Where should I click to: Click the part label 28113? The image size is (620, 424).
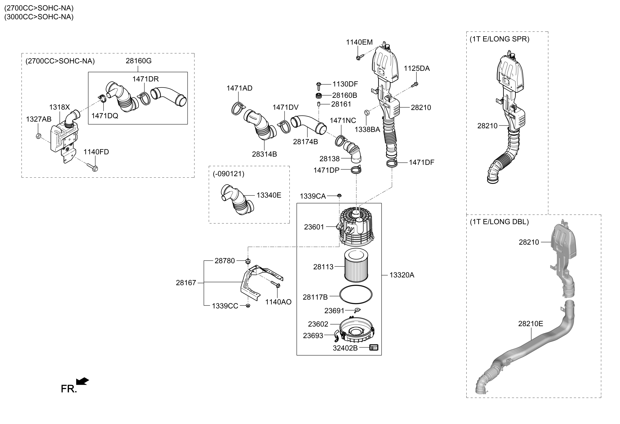tap(323, 267)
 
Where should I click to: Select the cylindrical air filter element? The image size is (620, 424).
tap(356, 265)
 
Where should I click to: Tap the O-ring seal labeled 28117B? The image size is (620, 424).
tap(356, 295)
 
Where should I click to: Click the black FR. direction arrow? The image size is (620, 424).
tap(82, 381)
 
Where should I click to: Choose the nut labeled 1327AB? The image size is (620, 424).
tap(38, 136)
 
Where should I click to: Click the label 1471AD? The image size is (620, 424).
tap(239, 88)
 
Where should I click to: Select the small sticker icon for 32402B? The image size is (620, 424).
tap(374, 348)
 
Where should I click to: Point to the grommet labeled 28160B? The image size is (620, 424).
tap(319, 95)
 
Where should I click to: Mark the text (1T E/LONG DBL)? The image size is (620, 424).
tap(499, 222)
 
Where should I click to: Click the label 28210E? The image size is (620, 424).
tap(530, 324)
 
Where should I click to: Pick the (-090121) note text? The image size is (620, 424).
tap(228, 174)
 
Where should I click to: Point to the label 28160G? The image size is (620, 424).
tap(139, 61)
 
